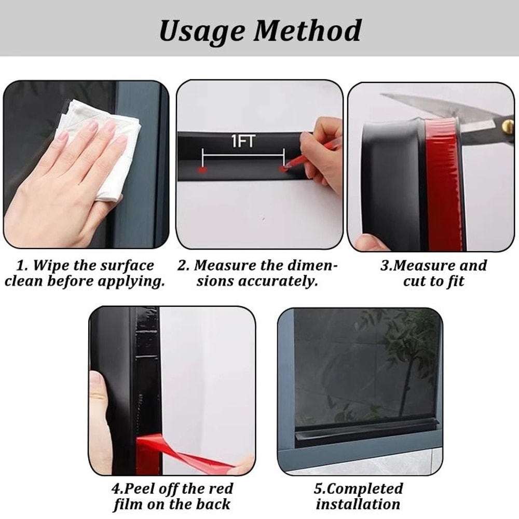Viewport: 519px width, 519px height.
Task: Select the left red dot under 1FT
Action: (202, 169)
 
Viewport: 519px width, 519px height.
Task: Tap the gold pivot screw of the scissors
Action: (507, 125)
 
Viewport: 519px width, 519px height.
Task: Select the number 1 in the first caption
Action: (20, 266)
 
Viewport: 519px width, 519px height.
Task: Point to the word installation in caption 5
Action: (358, 504)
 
